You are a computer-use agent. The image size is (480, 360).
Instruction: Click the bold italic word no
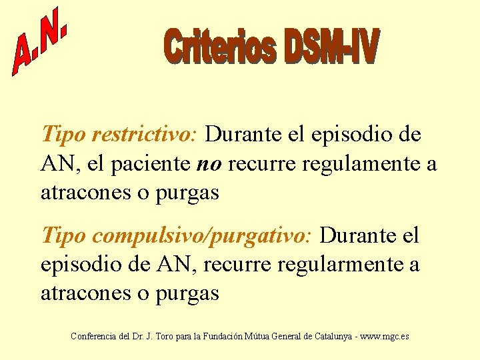[x=210, y=164]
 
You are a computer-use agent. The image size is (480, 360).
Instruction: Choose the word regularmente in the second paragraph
[x=345, y=265]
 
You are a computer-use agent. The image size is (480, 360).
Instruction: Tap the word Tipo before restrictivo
[x=64, y=135]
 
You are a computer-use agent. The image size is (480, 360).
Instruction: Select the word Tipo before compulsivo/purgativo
[x=64, y=235]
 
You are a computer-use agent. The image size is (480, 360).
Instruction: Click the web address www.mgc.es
[x=384, y=336]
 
